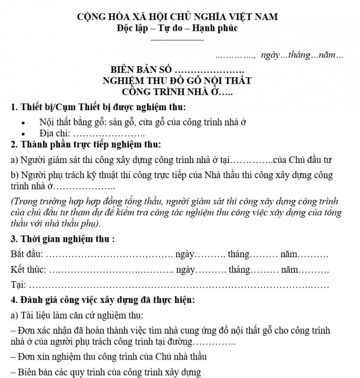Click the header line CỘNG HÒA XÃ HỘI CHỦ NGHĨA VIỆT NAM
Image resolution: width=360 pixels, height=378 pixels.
[177, 17]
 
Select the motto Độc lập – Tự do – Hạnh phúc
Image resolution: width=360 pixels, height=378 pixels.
[177, 27]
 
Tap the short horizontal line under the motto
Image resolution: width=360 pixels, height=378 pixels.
[177, 39]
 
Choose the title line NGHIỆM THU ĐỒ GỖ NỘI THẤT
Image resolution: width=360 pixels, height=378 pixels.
[177, 80]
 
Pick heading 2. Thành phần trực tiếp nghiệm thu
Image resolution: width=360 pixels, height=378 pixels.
[86, 144]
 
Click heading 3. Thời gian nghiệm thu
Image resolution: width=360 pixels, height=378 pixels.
[62, 239]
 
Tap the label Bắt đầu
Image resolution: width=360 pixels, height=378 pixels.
[26, 255]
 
